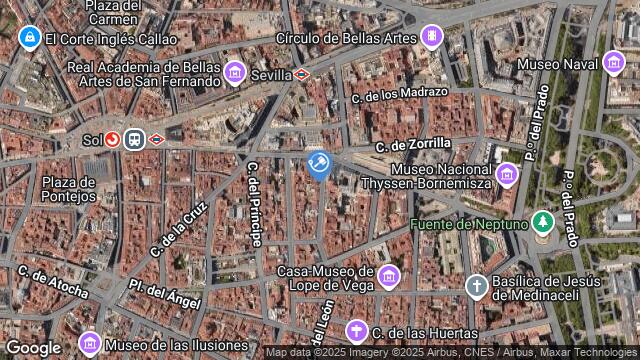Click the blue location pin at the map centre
coord(319,163)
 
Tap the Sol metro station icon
coord(113,141)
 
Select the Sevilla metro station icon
coord(301,74)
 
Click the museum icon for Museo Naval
coord(614,64)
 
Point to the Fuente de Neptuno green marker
coord(543,222)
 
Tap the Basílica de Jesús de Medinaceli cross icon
coord(477,286)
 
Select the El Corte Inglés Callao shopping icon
coord(29,38)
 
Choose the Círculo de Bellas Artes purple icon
coord(431,38)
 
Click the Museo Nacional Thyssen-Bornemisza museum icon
coord(506,176)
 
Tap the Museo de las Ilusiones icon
coord(89,345)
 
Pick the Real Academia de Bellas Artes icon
coord(235,72)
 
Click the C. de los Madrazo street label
coord(400,95)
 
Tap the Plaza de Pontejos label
coord(69,189)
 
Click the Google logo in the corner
coord(34,347)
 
